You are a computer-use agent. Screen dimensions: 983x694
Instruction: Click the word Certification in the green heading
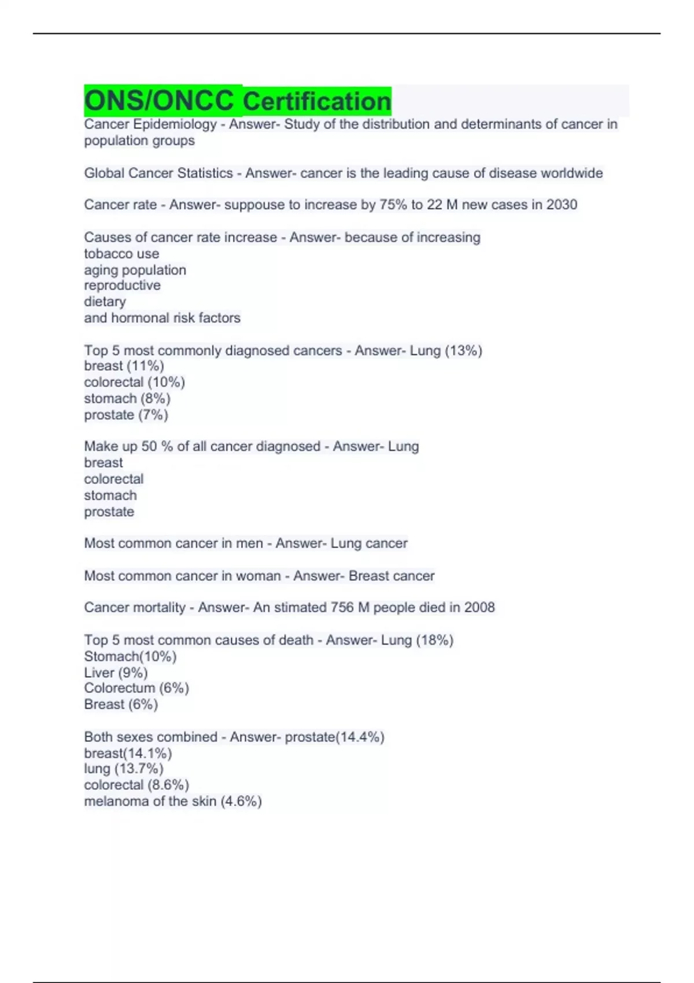click(x=317, y=102)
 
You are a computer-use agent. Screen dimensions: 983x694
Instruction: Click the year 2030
click(x=562, y=205)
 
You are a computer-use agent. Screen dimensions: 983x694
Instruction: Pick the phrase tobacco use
click(x=121, y=254)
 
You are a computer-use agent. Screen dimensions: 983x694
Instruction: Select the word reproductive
click(x=123, y=286)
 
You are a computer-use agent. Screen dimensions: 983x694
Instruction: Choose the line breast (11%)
click(x=124, y=366)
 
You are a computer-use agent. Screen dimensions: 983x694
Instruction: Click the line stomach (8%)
click(x=127, y=398)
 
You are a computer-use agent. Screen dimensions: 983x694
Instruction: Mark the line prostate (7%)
click(x=126, y=415)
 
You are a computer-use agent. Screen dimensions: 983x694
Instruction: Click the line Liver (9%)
click(x=116, y=672)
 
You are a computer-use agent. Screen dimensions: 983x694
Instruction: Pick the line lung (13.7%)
click(x=124, y=769)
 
